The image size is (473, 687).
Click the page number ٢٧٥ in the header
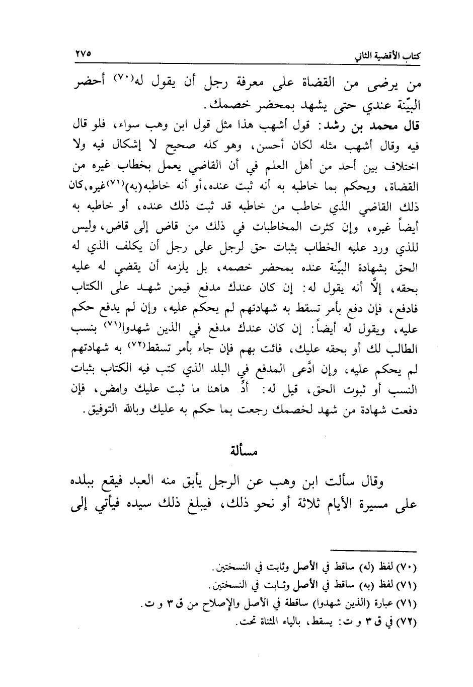tap(82, 52)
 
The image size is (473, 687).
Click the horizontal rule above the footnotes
tap(374, 551)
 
